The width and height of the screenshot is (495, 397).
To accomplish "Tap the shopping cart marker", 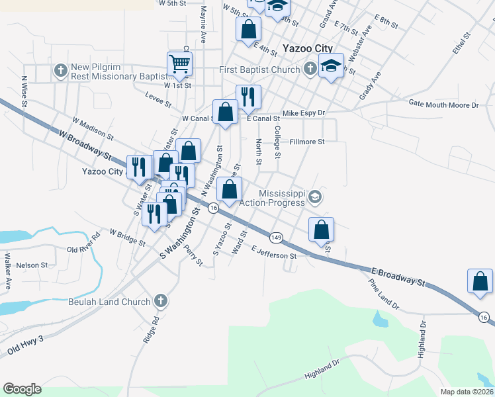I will pos(180,64).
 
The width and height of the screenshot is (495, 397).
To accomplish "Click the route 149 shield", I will pos(277,237).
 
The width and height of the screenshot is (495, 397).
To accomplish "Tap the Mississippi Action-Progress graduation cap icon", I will pos(315,197).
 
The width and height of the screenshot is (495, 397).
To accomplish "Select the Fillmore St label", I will pos(307,142).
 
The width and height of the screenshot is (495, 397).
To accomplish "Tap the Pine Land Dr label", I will pos(384,293).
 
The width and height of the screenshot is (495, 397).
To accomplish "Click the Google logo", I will pos(22,389).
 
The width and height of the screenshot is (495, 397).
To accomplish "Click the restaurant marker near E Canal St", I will pos(248,97).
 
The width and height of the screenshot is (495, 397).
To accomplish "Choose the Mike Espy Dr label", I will pos(304,113).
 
